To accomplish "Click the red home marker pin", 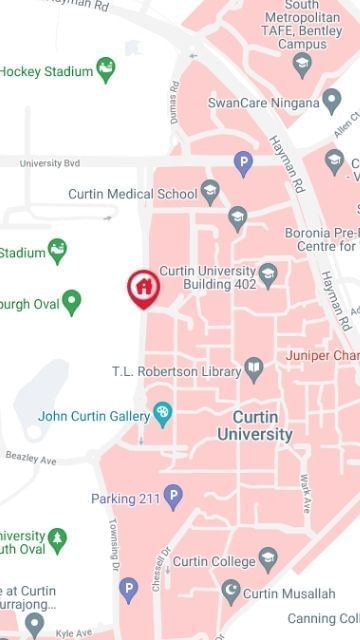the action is (144, 288).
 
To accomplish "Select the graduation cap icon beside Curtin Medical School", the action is (210, 191).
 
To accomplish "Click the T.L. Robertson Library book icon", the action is (255, 371).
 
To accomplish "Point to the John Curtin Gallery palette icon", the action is (162, 414).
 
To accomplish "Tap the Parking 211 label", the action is (124, 498).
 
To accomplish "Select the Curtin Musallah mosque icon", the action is (231, 592).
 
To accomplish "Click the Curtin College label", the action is (213, 562).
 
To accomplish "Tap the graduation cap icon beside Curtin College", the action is (267, 558).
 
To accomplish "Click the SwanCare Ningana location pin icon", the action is (332, 100).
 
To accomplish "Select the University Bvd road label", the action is (49, 162).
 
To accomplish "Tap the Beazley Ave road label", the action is (31, 458).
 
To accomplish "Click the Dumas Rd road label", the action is (176, 102).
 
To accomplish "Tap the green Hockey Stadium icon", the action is (105, 70).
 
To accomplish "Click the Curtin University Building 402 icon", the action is (268, 274).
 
